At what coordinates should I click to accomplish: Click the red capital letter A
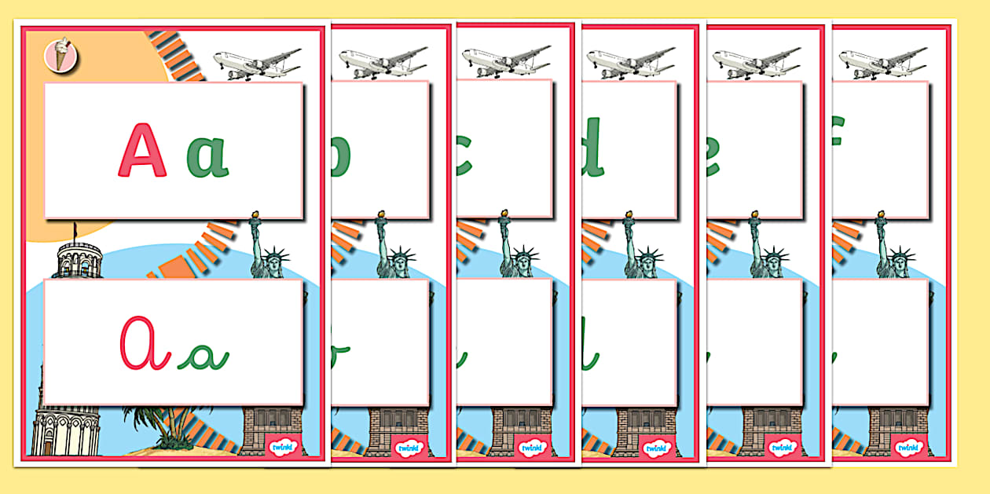[x=142, y=150]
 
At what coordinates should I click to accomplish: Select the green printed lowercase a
[x=207, y=156]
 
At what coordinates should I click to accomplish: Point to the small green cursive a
[x=203, y=357]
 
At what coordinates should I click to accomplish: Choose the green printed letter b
[x=341, y=156]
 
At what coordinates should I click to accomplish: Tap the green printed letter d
[x=592, y=147]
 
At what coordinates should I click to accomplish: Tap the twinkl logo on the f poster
[x=909, y=447]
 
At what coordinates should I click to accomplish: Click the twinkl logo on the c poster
[x=532, y=447]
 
